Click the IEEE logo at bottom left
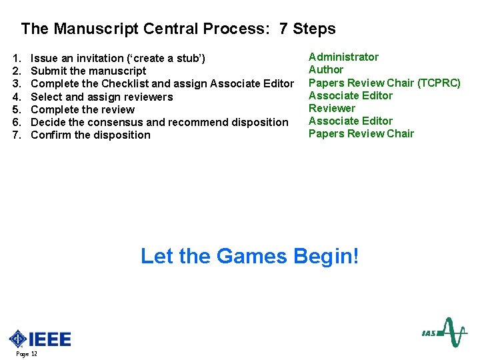[x=39, y=339]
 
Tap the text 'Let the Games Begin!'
[x=249, y=256]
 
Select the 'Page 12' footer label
[x=27, y=354]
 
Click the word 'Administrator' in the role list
[x=343, y=57]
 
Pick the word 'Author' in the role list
[x=326, y=70]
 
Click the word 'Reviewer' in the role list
[x=332, y=108]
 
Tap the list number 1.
[x=16, y=59]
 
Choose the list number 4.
[x=16, y=97]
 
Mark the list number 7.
[x=16, y=135]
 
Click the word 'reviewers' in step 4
[x=147, y=97]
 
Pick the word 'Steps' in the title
[x=314, y=29]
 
